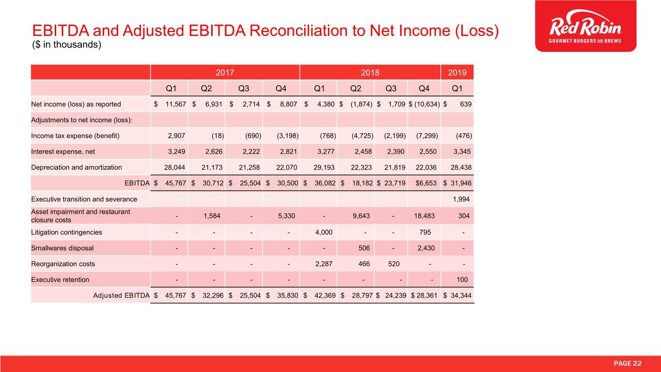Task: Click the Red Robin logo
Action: (x=585, y=26)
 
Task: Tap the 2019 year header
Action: (x=457, y=73)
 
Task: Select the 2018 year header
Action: (x=370, y=73)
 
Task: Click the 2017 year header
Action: (x=225, y=73)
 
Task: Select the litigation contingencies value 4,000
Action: (x=323, y=232)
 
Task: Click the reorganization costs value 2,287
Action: (x=323, y=264)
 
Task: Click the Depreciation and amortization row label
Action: (x=77, y=167)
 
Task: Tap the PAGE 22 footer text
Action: (x=627, y=363)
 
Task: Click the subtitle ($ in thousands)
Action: (x=66, y=46)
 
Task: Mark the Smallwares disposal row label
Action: (x=62, y=248)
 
